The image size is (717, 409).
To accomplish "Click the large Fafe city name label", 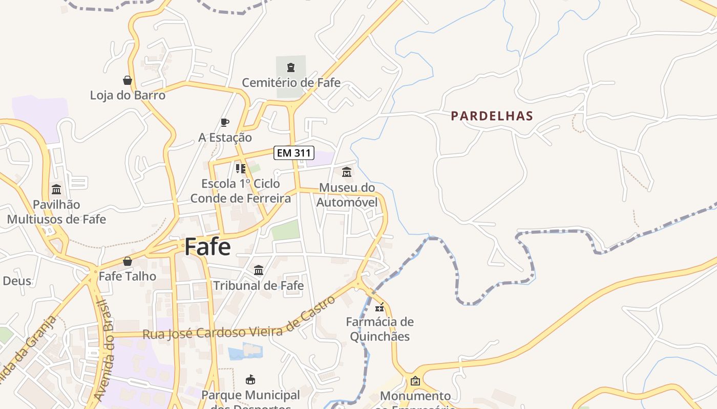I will tap(207, 246).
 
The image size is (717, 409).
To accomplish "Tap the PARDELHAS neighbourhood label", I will tap(492, 116).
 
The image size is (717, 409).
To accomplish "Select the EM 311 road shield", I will tap(294, 152).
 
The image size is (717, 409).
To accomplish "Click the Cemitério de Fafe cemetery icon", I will tap(291, 67).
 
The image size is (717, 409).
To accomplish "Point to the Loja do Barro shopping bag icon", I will tap(128, 80).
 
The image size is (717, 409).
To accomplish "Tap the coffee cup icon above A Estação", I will tap(224, 122).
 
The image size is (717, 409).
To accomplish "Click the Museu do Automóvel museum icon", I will tap(347, 172).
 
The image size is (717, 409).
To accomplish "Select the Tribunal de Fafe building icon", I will tap(259, 270).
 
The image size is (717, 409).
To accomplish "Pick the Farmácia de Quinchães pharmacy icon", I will tap(379, 307).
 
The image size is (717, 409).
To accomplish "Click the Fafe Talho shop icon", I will tap(128, 261).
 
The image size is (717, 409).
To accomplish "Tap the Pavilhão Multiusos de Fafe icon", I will tap(56, 190).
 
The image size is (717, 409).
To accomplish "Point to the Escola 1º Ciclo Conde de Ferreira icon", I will tap(240, 168).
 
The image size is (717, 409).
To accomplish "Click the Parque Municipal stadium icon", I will tap(250, 380).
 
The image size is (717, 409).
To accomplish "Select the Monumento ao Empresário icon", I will tap(415, 381).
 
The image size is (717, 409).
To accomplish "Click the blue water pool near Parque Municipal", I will tap(245, 352).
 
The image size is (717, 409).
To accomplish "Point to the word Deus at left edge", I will tap(17, 281).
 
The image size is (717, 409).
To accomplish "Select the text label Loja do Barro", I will tap(128, 95).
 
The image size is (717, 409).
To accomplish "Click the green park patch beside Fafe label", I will tap(285, 230).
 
